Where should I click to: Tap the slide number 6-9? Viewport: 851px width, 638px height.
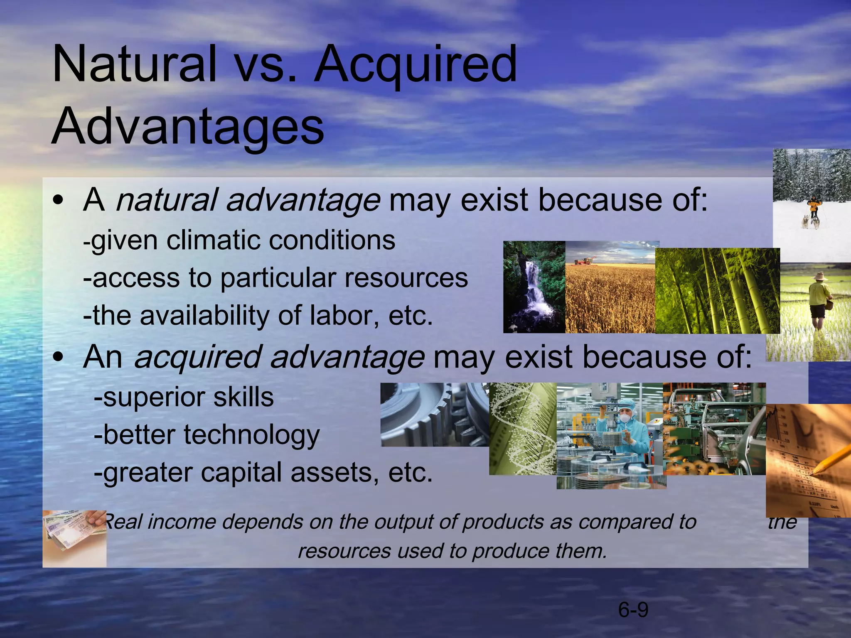633,610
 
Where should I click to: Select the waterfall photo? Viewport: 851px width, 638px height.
534,287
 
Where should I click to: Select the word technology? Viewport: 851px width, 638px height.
252,435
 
